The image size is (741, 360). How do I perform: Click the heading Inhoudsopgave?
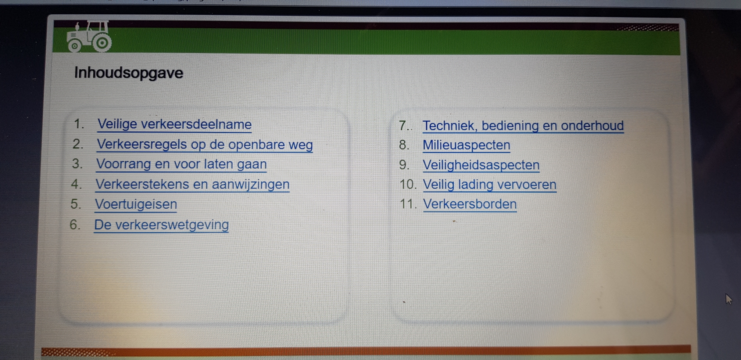point(129,73)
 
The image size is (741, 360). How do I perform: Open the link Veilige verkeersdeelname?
point(175,124)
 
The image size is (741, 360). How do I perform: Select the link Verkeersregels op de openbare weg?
point(205,144)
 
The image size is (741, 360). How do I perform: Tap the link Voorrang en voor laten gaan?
point(182,164)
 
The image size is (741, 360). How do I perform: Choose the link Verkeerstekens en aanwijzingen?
point(193,184)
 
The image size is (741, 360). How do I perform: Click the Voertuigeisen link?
point(136,204)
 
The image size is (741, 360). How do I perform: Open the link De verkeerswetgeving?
point(161,224)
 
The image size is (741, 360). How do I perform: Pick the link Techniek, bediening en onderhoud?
point(523,126)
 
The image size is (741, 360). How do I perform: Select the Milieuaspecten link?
point(466,145)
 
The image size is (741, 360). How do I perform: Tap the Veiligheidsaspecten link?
point(481,165)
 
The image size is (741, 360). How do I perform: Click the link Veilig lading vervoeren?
point(490,184)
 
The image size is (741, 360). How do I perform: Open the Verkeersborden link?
point(470,204)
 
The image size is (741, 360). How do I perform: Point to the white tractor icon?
point(89,37)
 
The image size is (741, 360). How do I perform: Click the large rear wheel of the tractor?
point(102,43)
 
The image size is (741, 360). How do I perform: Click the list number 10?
point(408,184)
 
